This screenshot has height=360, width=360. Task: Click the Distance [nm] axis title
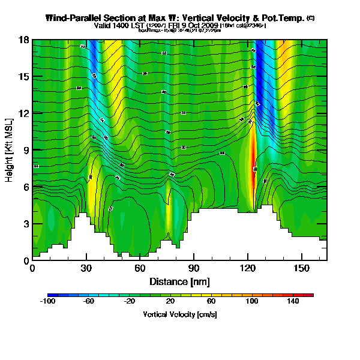179,281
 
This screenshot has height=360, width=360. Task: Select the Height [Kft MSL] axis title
11,150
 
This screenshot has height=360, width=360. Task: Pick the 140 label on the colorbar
293,302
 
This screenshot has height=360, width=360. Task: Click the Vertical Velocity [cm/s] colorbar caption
179,314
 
